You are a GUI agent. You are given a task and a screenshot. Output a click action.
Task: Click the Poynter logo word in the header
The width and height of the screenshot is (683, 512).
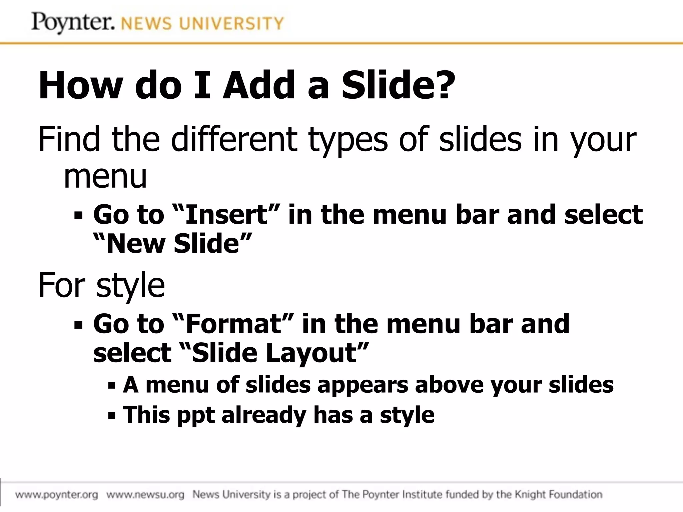[73, 23]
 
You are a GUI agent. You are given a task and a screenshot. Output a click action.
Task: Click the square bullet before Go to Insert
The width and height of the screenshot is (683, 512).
[78, 216]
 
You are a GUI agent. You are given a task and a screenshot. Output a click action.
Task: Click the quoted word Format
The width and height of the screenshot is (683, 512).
[233, 324]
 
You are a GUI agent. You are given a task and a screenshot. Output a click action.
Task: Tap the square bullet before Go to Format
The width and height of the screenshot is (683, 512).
[78, 325]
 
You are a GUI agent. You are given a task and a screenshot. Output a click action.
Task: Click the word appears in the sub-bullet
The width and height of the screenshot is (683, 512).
[363, 385]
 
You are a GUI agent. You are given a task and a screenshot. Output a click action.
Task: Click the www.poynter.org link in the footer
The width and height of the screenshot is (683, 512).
[57, 495]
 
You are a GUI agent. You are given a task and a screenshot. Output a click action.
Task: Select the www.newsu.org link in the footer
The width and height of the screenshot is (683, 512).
[145, 495]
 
